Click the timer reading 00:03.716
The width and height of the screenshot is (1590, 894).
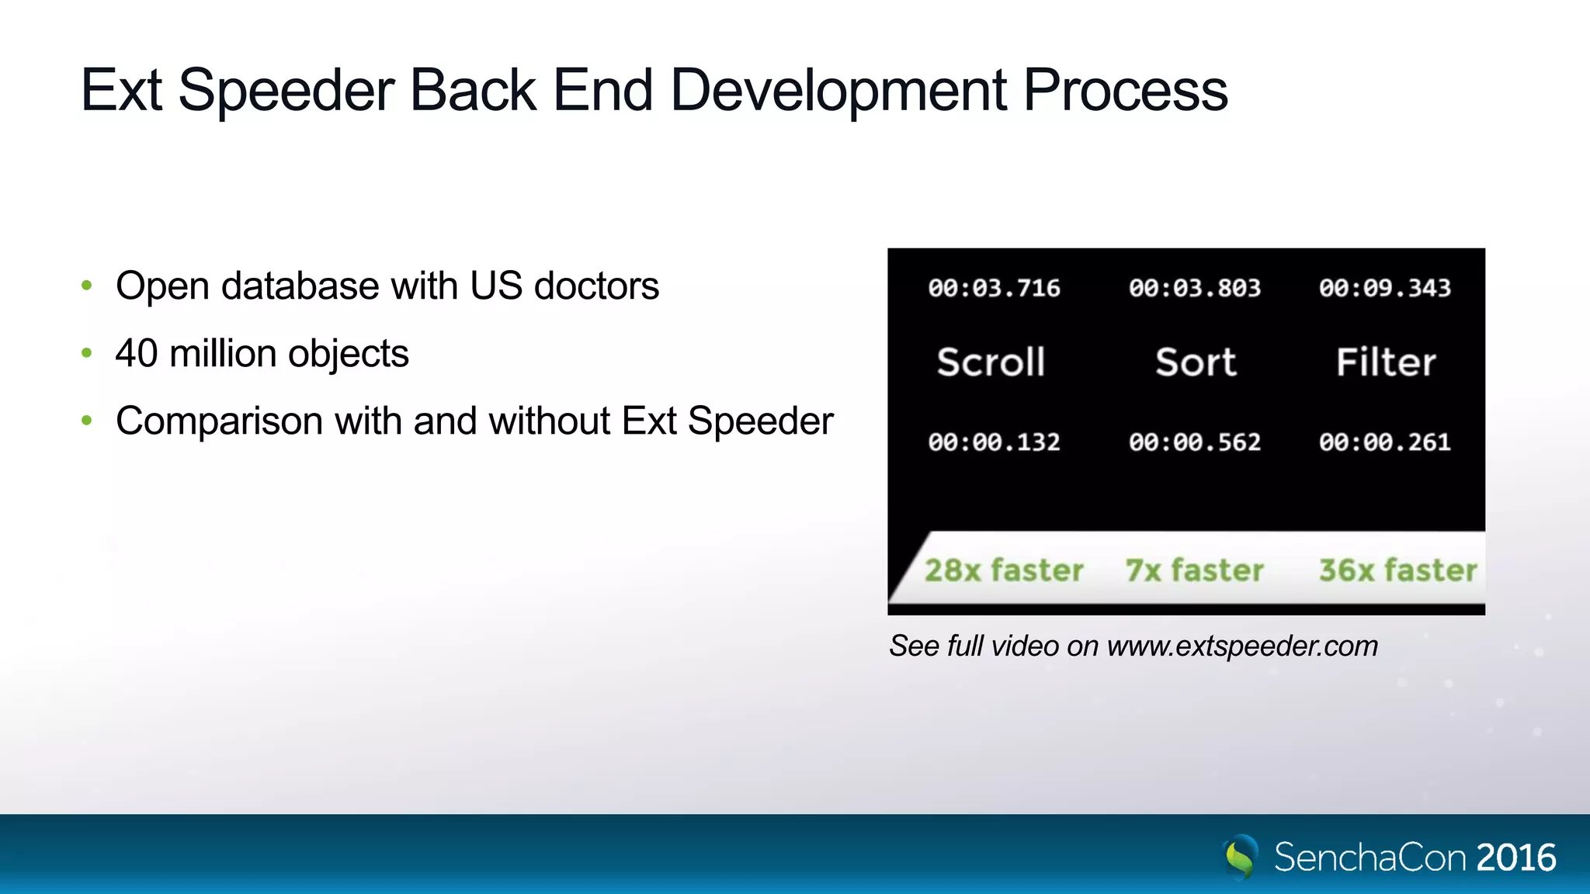(x=994, y=288)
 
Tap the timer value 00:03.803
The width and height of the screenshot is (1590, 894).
(x=1195, y=288)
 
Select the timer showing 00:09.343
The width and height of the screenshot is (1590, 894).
(x=1385, y=288)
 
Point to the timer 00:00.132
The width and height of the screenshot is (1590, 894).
(x=994, y=442)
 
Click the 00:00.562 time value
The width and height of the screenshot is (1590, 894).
(x=1195, y=442)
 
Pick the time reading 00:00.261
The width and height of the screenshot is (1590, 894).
(x=1385, y=442)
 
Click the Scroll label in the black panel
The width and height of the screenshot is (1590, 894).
(x=991, y=362)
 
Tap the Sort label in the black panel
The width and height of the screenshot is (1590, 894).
(x=1196, y=362)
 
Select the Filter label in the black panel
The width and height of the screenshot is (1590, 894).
(x=1386, y=362)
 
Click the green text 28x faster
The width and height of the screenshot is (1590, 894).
(x=1004, y=570)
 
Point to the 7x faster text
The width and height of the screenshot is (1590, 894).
(x=1195, y=570)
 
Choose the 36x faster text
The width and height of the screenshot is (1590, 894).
(x=1397, y=570)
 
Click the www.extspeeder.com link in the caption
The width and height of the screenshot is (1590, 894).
(x=1242, y=646)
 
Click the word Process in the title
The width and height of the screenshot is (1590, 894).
(x=1125, y=92)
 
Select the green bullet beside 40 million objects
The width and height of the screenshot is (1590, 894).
(x=87, y=354)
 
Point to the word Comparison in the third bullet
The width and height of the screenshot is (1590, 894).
(x=219, y=422)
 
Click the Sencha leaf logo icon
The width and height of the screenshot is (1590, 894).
(x=1240, y=857)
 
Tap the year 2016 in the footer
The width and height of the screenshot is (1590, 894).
(x=1515, y=858)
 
